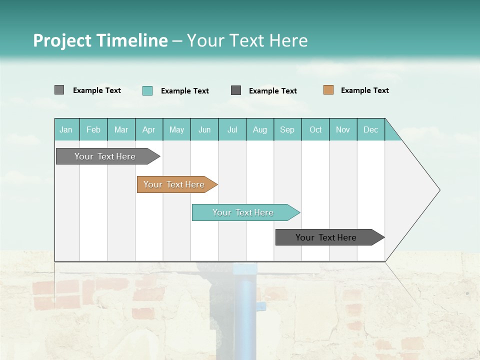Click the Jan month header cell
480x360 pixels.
pos(66,129)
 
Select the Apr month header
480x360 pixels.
pos(149,129)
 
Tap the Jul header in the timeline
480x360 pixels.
pos(232,129)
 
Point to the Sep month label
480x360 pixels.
pos(287,129)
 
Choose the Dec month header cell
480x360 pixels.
pos(370,129)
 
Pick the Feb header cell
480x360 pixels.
pos(93,129)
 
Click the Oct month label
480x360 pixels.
pos(315,129)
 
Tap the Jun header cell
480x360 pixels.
pos(204,129)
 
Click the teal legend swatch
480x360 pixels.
pos(147,90)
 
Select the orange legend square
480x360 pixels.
pos(328,90)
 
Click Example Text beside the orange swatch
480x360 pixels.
pos(364,90)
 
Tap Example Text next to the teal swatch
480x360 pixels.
pos(184,91)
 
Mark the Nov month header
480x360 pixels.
pos(343,129)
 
